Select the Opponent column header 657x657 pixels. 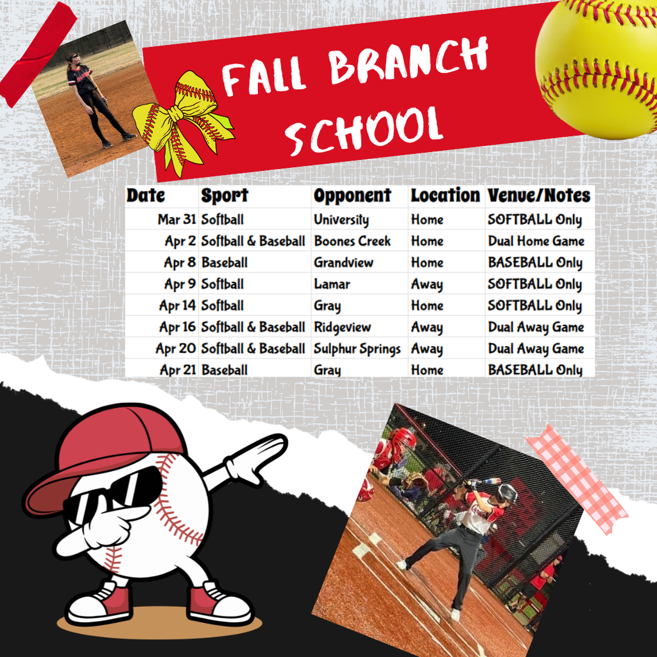click(352, 196)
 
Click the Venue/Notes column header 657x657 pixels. click(538, 196)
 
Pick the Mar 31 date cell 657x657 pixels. click(176, 219)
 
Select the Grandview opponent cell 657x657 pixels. click(343, 262)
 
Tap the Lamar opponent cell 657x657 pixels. click(332, 284)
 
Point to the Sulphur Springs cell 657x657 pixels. click(357, 348)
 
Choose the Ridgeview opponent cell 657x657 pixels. click(342, 327)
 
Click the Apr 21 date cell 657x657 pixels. click(177, 370)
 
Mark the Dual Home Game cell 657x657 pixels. click(536, 241)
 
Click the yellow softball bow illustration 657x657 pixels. click(182, 121)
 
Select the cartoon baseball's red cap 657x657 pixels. click(103, 449)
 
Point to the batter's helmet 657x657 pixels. click(507, 493)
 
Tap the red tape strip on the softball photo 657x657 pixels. click(37, 55)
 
